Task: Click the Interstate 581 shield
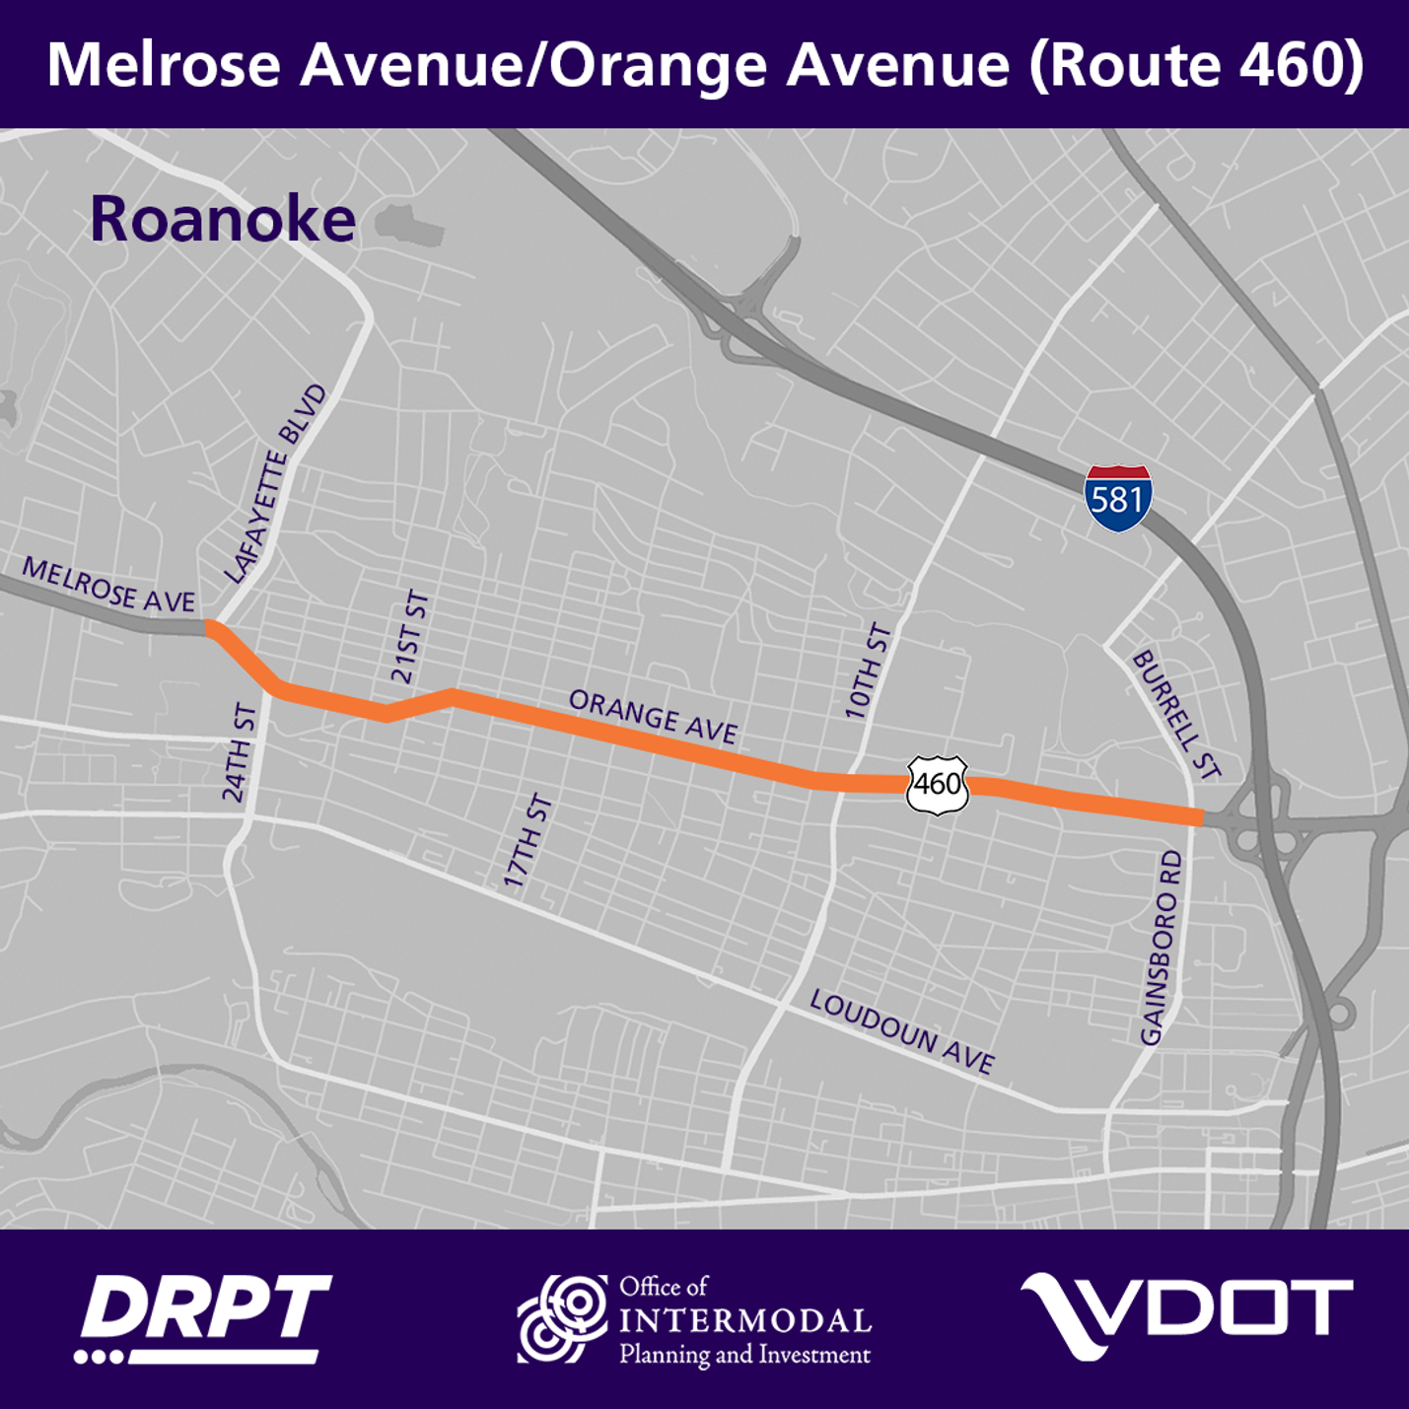pyautogui.click(x=1117, y=498)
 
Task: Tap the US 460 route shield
pyautogui.click(x=937, y=785)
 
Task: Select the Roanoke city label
pyautogui.click(x=222, y=219)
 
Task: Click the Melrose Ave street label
pyautogui.click(x=108, y=584)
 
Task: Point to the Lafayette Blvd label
pyautogui.click(x=274, y=484)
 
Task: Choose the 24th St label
pyautogui.click(x=240, y=753)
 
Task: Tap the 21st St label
pyautogui.click(x=410, y=637)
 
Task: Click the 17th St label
pyautogui.click(x=528, y=841)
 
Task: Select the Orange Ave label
pyautogui.click(x=653, y=717)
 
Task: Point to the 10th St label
pyautogui.click(x=868, y=671)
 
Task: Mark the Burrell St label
pyautogui.click(x=1176, y=714)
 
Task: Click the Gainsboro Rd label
pyautogui.click(x=1161, y=948)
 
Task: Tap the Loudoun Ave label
pyautogui.click(x=901, y=1031)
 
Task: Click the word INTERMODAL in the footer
pyautogui.click(x=745, y=1321)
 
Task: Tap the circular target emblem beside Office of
pyautogui.click(x=563, y=1318)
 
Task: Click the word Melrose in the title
pyautogui.click(x=164, y=65)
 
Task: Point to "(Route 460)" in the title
pyautogui.click(x=1197, y=65)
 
